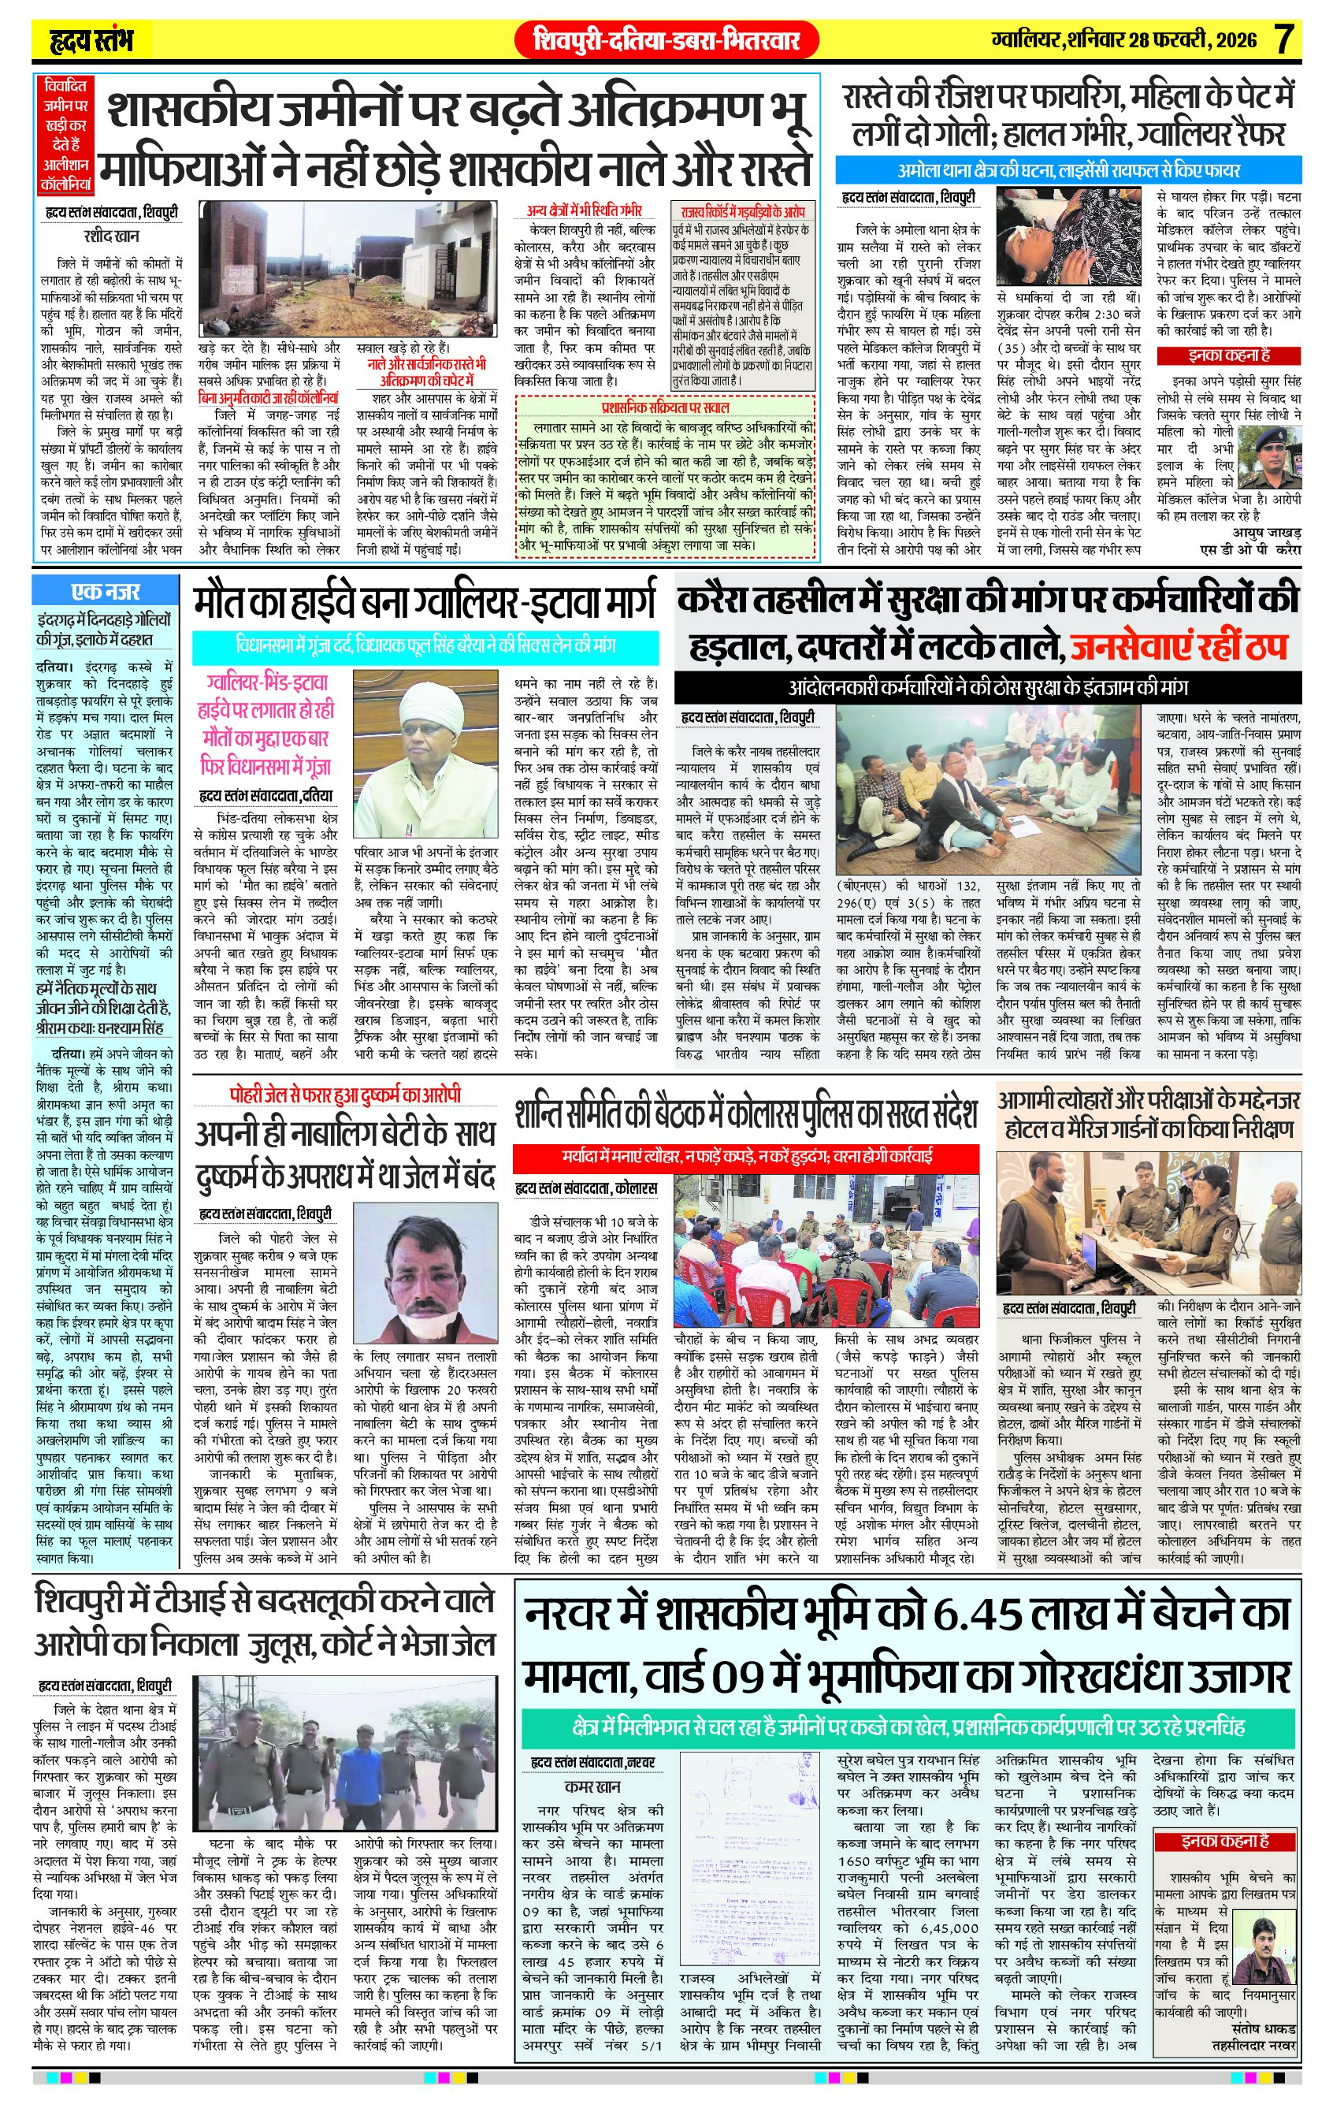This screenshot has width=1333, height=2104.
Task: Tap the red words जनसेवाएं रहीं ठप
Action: tap(1180, 648)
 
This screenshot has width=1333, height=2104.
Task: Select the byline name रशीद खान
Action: tap(111, 236)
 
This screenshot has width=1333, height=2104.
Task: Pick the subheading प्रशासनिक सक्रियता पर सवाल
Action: tap(665, 408)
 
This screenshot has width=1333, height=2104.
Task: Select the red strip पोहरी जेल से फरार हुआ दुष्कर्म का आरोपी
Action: tap(346, 1095)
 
